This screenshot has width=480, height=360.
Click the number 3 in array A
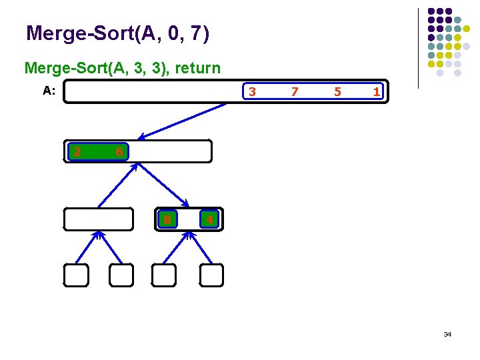251,92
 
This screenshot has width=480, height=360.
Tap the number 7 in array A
295,92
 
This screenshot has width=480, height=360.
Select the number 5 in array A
337,92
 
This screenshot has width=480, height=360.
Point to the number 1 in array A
377,92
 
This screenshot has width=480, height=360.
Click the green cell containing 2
77,152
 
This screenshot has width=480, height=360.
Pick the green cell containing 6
118,152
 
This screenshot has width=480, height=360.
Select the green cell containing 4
209,219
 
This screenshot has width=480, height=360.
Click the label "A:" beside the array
49,91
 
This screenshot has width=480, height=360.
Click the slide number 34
447,334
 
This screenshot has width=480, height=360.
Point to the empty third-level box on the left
99,219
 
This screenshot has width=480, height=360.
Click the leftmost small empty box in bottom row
76,275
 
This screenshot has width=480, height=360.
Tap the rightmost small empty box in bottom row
211,275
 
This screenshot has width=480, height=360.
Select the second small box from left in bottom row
121,275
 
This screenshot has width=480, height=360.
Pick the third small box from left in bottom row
164,275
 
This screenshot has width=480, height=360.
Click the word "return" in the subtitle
197,68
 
